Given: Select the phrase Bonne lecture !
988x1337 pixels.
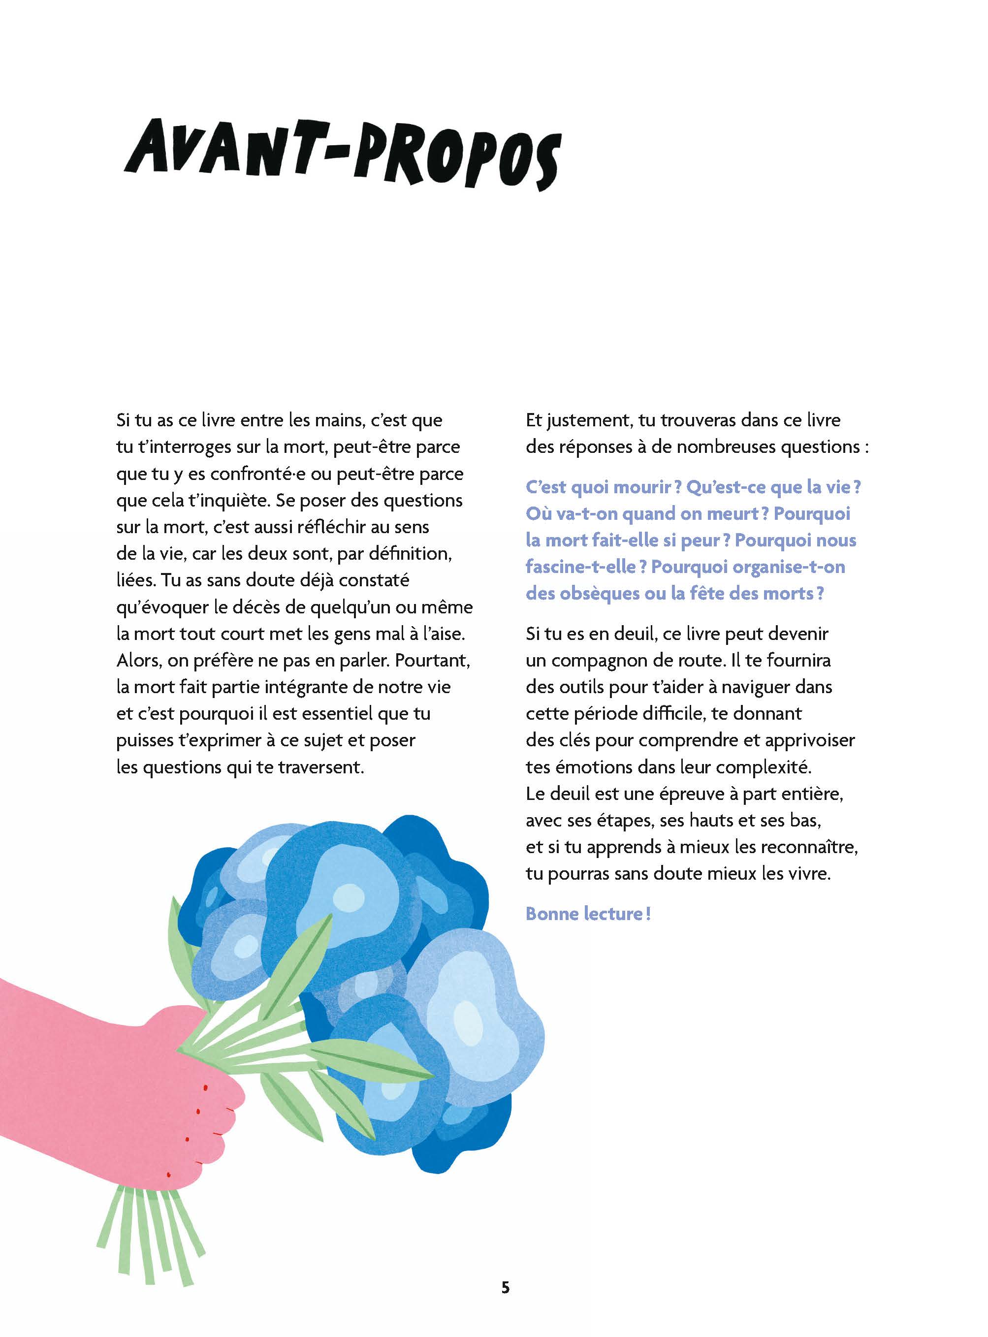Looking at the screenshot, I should pyautogui.click(x=588, y=914).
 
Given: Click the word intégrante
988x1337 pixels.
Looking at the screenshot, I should pyautogui.click(x=300, y=687).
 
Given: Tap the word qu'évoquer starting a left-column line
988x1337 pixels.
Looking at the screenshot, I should pyautogui.click(x=160, y=607).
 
